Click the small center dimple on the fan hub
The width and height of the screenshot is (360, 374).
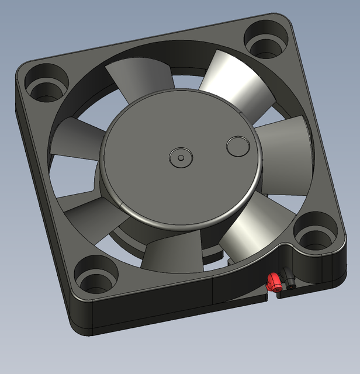pyautogui.click(x=179, y=157)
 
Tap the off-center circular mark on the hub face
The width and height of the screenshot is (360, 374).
pyautogui.click(x=238, y=146)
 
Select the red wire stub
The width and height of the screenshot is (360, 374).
pyautogui.click(x=272, y=282)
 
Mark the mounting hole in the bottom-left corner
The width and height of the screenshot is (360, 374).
pyautogui.click(x=93, y=280)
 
